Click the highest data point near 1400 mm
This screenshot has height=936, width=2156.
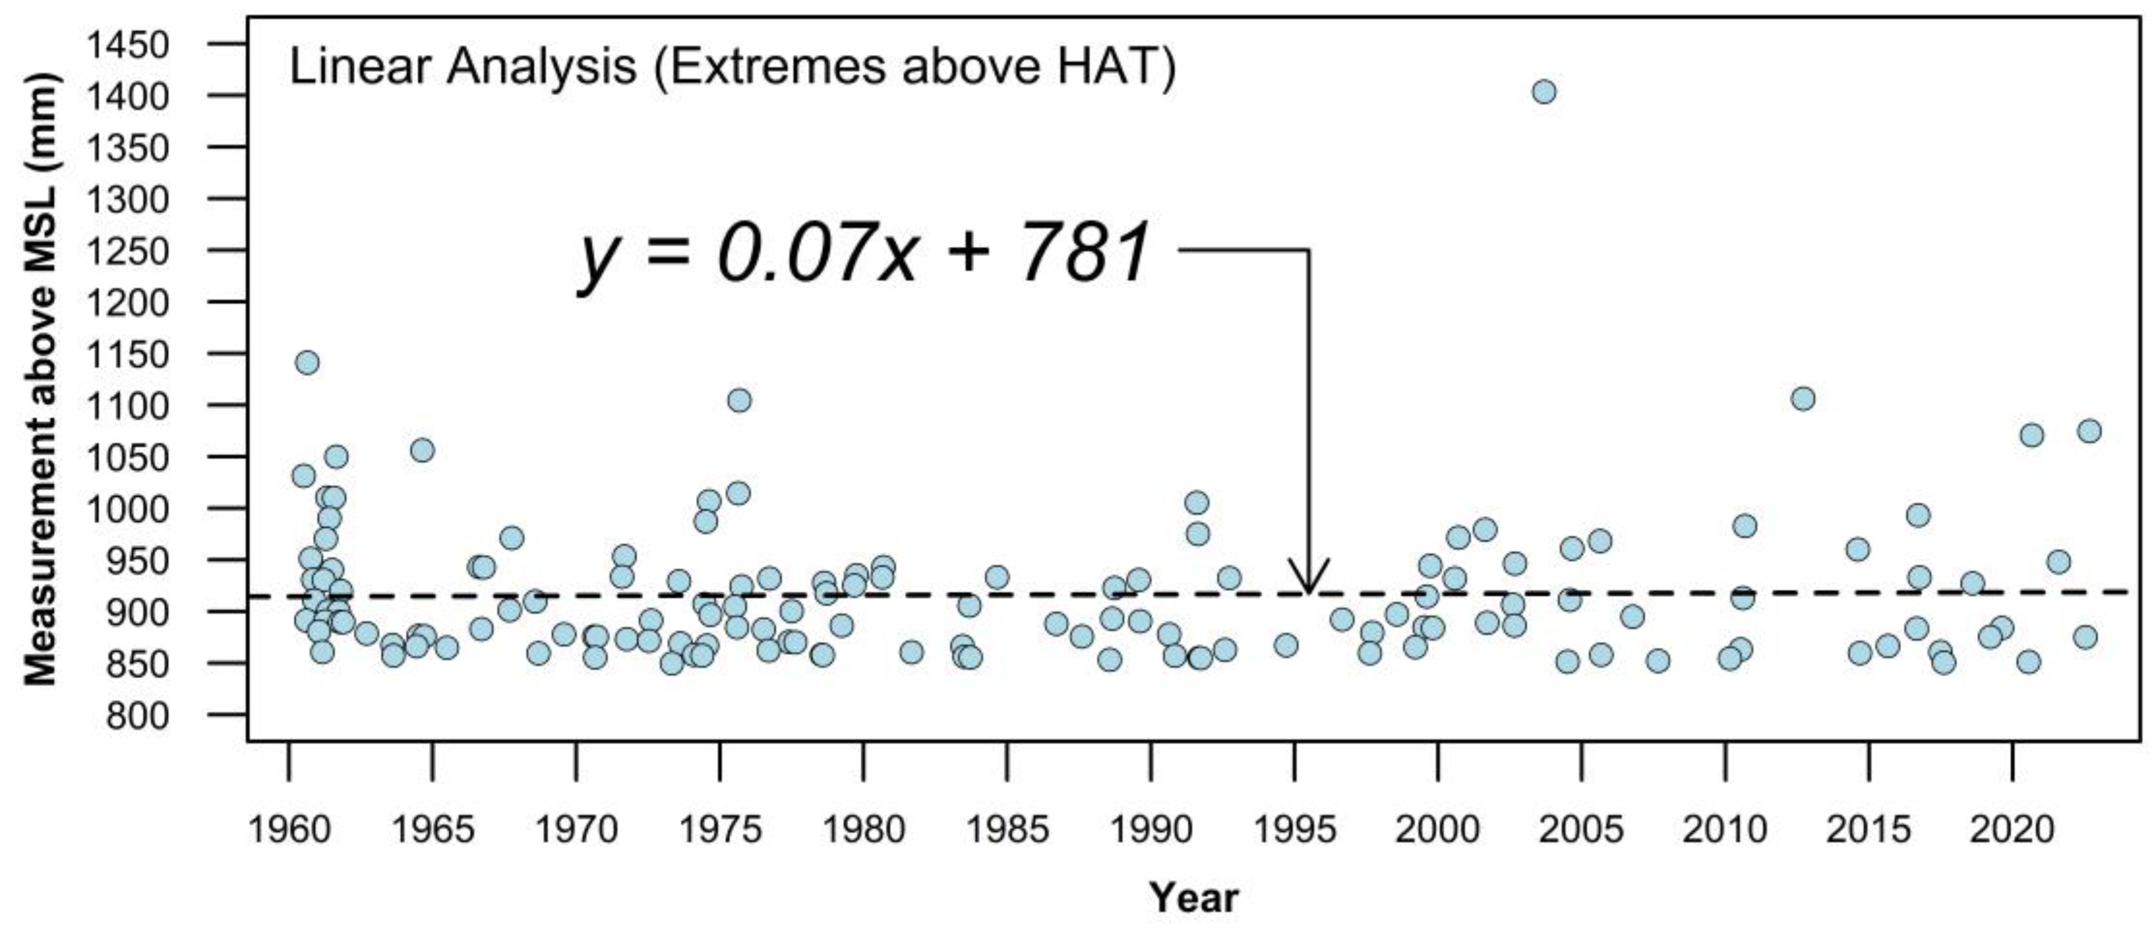(1544, 91)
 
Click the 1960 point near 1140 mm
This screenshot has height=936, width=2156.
(307, 363)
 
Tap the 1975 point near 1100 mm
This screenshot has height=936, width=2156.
(739, 400)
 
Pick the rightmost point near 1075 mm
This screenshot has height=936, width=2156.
(2089, 431)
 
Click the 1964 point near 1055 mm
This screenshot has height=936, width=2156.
(422, 450)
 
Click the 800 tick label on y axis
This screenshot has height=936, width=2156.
(138, 716)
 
